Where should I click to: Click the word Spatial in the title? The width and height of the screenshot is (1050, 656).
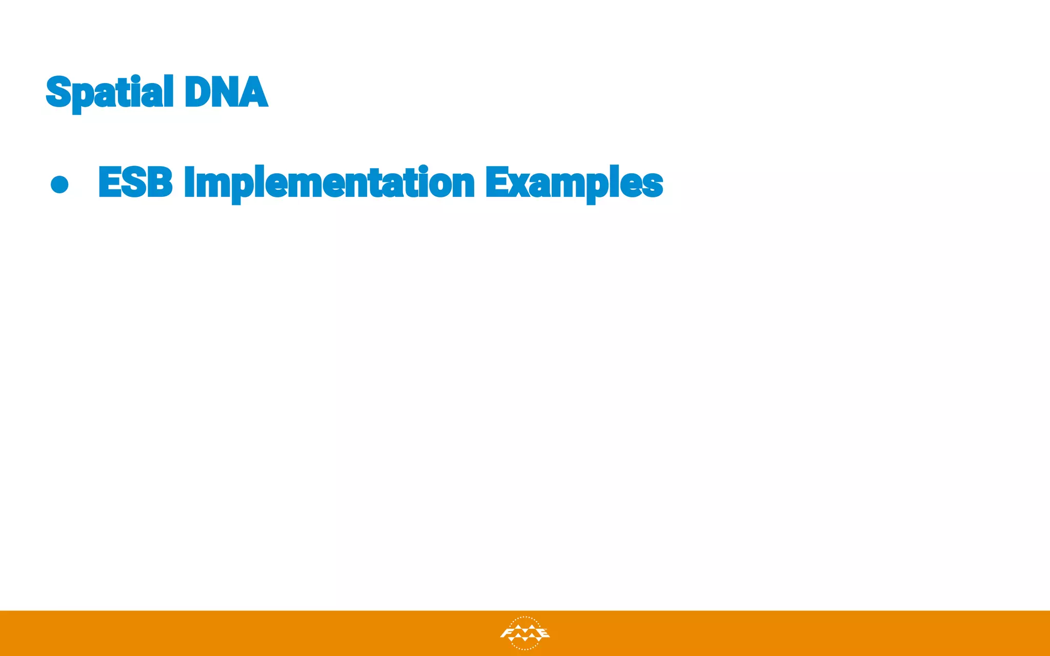point(110,92)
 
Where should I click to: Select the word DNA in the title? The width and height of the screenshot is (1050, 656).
point(226,92)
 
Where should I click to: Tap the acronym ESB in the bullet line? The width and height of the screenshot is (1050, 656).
point(135,182)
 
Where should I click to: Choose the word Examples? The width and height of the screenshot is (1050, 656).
point(574,183)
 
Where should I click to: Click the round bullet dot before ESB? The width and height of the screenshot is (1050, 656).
point(60,184)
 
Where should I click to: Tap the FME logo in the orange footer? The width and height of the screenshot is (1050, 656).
point(524,633)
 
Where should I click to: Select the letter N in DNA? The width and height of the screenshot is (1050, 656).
point(226,92)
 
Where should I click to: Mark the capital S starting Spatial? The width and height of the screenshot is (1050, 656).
point(58,92)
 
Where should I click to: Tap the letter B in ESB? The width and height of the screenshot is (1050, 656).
point(159,182)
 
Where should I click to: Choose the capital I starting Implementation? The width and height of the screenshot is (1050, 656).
point(189,182)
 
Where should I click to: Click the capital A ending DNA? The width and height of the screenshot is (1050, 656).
point(254,92)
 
